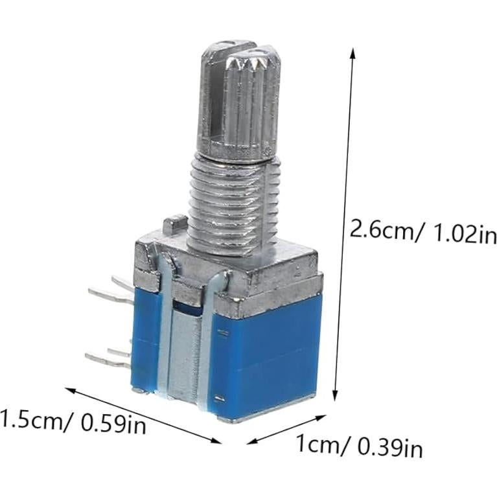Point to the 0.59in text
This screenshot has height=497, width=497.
coord(113,425)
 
